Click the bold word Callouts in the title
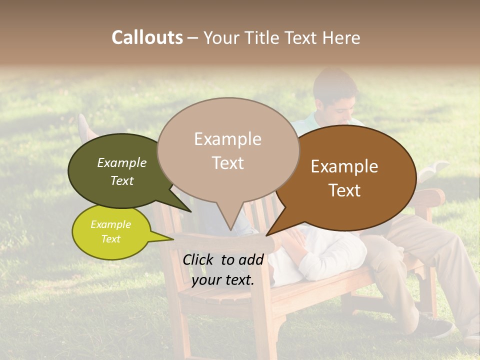(147, 37)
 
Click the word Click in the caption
(198, 259)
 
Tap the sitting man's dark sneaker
(435, 327)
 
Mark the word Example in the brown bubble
(344, 166)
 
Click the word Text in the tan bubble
(228, 163)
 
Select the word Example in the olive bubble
(122, 163)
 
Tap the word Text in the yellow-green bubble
(110, 239)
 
